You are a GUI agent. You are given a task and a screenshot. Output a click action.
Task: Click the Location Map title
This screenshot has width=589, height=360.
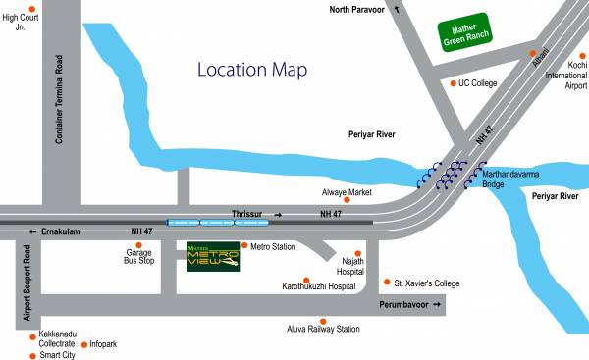point(252,70)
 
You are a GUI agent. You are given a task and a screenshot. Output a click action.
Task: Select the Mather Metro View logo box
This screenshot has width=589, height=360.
point(214,256)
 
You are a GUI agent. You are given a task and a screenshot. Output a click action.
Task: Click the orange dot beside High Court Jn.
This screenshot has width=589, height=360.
point(33,9)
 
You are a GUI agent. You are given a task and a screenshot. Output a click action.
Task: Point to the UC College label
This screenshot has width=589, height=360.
point(478,83)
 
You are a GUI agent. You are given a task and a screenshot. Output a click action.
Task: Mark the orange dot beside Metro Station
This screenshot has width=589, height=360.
point(245,246)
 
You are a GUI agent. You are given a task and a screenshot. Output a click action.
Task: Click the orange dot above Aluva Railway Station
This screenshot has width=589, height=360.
point(323,320)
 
